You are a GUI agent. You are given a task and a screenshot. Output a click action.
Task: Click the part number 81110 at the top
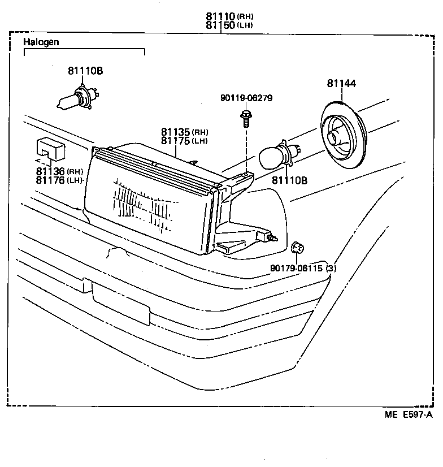(220, 16)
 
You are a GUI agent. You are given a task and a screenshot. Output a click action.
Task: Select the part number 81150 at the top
(220, 25)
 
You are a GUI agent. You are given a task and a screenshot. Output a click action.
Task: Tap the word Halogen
(41, 42)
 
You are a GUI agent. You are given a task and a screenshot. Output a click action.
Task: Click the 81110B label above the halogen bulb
(85, 71)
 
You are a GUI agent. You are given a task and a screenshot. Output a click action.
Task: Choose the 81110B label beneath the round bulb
(289, 180)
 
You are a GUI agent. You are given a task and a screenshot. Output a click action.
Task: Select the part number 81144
(341, 84)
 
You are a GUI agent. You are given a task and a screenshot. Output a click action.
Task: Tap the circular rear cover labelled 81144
(343, 133)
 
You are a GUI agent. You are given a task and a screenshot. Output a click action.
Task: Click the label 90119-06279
(246, 98)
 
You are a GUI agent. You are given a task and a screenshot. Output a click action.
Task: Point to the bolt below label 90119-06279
(246, 119)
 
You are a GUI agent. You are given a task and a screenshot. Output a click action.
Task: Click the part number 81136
(50, 171)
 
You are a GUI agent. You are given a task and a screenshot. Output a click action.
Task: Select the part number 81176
(50, 180)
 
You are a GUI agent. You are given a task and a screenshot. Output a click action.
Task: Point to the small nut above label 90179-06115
(296, 247)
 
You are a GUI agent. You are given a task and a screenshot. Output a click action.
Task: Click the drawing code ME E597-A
(409, 414)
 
